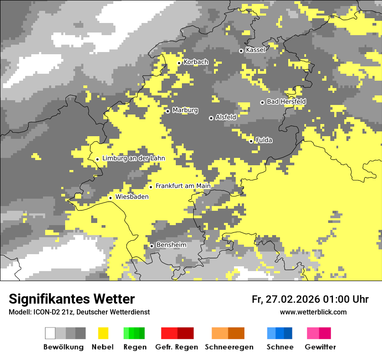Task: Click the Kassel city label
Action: pyautogui.click(x=255, y=50)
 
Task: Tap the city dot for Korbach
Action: pyautogui.click(x=179, y=63)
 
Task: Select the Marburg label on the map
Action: pyautogui.click(x=185, y=110)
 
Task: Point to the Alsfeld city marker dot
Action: pyautogui.click(x=211, y=118)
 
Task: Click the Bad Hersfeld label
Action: pyautogui.click(x=286, y=101)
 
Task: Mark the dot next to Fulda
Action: pyautogui.click(x=251, y=141)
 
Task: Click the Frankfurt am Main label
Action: pyautogui.click(x=183, y=186)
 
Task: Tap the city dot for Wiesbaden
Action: pyautogui.click(x=110, y=198)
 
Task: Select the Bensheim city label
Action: pyautogui.click(x=171, y=245)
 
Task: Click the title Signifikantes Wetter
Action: pyautogui.click(x=72, y=299)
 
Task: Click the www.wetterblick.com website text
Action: pyautogui.click(x=313, y=312)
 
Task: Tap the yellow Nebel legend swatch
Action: pyautogui.click(x=103, y=333)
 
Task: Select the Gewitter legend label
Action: pyautogui.click(x=320, y=347)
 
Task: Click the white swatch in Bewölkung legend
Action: pyautogui.click(x=50, y=333)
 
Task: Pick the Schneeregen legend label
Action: pyautogui.click(x=229, y=347)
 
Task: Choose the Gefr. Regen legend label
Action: pyautogui.click(x=177, y=347)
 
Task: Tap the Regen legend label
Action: pyautogui.click(x=134, y=347)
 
